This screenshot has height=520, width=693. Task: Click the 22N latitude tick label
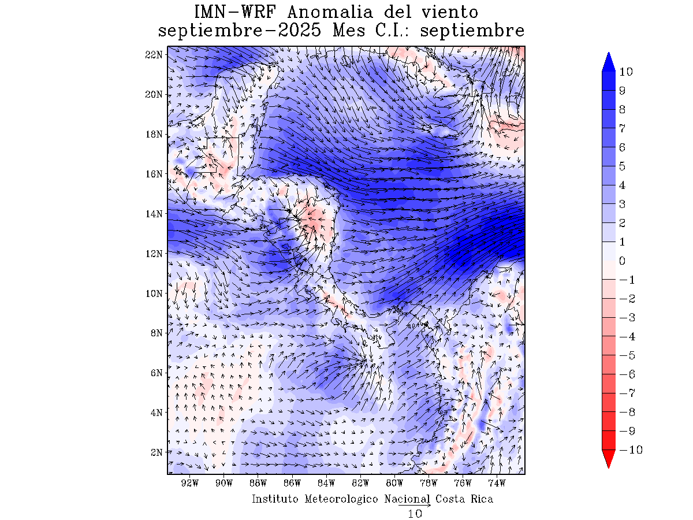pyautogui.click(x=153, y=54)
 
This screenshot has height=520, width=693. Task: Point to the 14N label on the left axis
pyautogui.click(x=153, y=213)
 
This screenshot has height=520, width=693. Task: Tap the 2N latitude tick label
pyautogui.click(x=155, y=452)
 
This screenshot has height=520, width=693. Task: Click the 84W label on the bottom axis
pyautogui.click(x=326, y=483)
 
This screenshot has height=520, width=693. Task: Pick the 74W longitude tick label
pyautogui.click(x=497, y=483)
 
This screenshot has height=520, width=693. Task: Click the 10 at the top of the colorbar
pyautogui.click(x=626, y=72)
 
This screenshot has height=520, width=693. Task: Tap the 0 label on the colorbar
pyautogui.click(x=623, y=261)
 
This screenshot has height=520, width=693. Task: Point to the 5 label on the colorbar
pyautogui.click(x=623, y=166)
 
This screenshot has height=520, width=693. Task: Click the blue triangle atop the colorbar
pyautogui.click(x=608, y=62)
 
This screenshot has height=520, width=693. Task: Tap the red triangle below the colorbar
pyautogui.click(x=608, y=459)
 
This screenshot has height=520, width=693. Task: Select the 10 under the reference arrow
pyautogui.click(x=415, y=514)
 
